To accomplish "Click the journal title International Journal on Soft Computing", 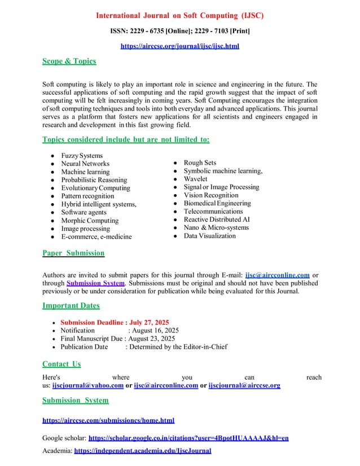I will click(x=180, y=15).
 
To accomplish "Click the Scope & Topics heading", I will click(x=69, y=61).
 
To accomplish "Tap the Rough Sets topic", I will click(x=201, y=163).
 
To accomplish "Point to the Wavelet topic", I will click(x=198, y=179).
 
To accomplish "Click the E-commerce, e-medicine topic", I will click(x=96, y=236).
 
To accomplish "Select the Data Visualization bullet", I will click(x=210, y=236).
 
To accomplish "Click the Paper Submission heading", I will click(x=73, y=253).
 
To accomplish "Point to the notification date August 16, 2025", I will click(x=154, y=330).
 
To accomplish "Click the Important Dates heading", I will click(x=71, y=306).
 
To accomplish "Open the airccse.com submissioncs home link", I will click(x=108, y=420).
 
